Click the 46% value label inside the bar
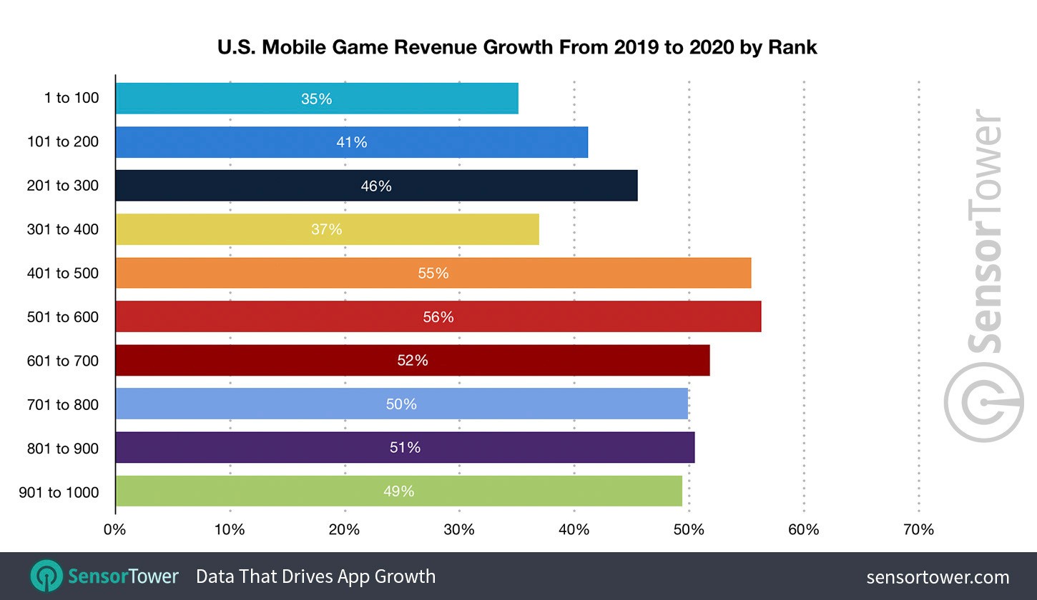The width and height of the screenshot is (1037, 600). point(376,186)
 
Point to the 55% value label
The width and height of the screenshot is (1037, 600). point(433,273)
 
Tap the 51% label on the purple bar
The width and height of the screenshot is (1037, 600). point(405,447)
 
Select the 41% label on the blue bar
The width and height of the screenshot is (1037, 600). point(352,142)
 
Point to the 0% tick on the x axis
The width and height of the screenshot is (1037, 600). point(114,530)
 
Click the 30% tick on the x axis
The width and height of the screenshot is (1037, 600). point(459,530)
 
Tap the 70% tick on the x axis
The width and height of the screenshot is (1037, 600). point(918,530)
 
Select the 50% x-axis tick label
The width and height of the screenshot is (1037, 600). point(689,530)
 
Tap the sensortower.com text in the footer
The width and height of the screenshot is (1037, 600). point(938,577)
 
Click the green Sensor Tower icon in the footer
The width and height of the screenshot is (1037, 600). point(46,576)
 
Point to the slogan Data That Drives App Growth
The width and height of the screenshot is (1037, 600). point(315,576)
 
